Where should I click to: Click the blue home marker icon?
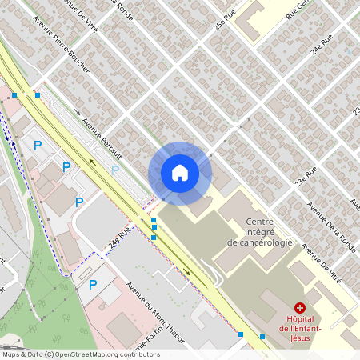pos(179,173)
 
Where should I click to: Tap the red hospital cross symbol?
pos(300,307)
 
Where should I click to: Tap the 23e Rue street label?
pos(306,177)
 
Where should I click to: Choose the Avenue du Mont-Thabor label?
pos(157,313)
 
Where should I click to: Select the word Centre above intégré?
pos(260,222)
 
